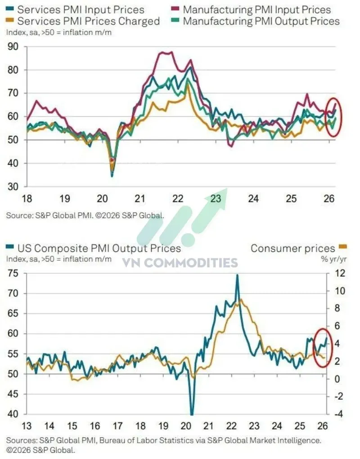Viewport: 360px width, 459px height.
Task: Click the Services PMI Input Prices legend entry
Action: [75, 9]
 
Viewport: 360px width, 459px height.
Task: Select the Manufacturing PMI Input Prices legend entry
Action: [251, 9]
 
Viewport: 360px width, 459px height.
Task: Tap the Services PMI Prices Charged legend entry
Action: [83, 21]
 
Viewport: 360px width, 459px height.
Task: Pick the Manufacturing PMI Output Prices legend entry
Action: [255, 21]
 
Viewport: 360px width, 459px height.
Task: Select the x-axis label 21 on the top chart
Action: [140, 199]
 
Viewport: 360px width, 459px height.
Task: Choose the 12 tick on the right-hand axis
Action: [340, 273]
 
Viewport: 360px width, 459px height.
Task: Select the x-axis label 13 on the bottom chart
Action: [27, 426]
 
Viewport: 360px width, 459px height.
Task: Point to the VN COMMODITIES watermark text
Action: [180, 263]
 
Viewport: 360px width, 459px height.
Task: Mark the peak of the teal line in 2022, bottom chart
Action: [237, 275]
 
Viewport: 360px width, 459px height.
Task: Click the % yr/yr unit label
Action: [333, 259]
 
